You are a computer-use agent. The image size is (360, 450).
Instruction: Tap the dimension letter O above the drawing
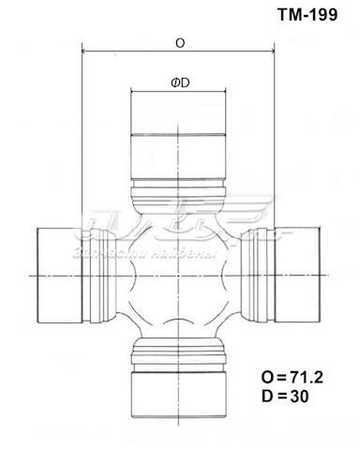pos(179,43)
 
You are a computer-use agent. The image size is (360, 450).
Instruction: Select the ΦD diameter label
pos(180,82)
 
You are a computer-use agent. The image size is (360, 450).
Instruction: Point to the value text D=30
pos(288,397)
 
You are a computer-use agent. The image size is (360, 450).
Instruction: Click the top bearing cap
pos(179,141)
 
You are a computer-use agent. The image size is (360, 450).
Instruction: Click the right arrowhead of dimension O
pos(273,52)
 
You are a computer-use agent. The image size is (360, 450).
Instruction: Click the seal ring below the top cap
pos(179,199)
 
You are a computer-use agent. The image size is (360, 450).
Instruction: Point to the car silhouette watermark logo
pos(178,221)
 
